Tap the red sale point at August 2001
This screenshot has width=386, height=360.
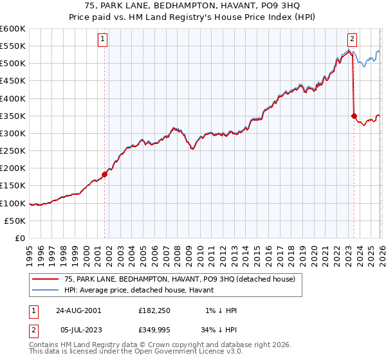105,174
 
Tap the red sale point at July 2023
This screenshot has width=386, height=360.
354,116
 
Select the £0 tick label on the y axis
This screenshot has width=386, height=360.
21,238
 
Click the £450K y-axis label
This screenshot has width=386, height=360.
13,81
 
